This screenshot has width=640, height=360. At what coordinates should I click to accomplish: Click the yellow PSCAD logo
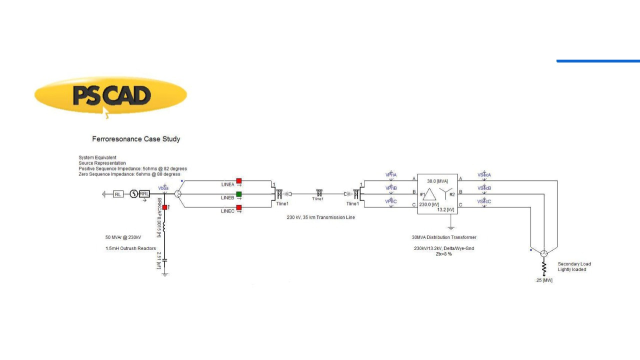110,95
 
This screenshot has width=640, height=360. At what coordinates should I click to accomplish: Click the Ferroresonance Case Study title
136,138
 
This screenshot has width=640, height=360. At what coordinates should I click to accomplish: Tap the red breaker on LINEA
239,181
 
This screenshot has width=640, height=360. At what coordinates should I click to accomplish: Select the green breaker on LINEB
239,194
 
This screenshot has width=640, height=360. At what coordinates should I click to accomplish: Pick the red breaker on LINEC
239,207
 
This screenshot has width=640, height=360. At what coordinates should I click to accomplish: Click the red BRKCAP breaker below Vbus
165,207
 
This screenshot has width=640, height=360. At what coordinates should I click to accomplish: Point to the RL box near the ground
118,194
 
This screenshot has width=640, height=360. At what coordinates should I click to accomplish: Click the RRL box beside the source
144,194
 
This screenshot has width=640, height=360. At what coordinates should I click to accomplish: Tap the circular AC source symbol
133,194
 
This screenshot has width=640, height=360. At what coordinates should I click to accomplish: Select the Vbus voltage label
163,188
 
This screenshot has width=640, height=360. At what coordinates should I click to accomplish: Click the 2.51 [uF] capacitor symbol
165,259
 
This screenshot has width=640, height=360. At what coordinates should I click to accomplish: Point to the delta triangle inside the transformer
429,194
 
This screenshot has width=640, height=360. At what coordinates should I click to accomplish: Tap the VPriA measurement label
391,175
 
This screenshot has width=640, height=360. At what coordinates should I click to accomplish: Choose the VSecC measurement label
484,201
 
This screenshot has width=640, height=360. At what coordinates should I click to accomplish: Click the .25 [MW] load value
543,280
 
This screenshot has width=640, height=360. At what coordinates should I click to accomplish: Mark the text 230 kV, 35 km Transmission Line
320,217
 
